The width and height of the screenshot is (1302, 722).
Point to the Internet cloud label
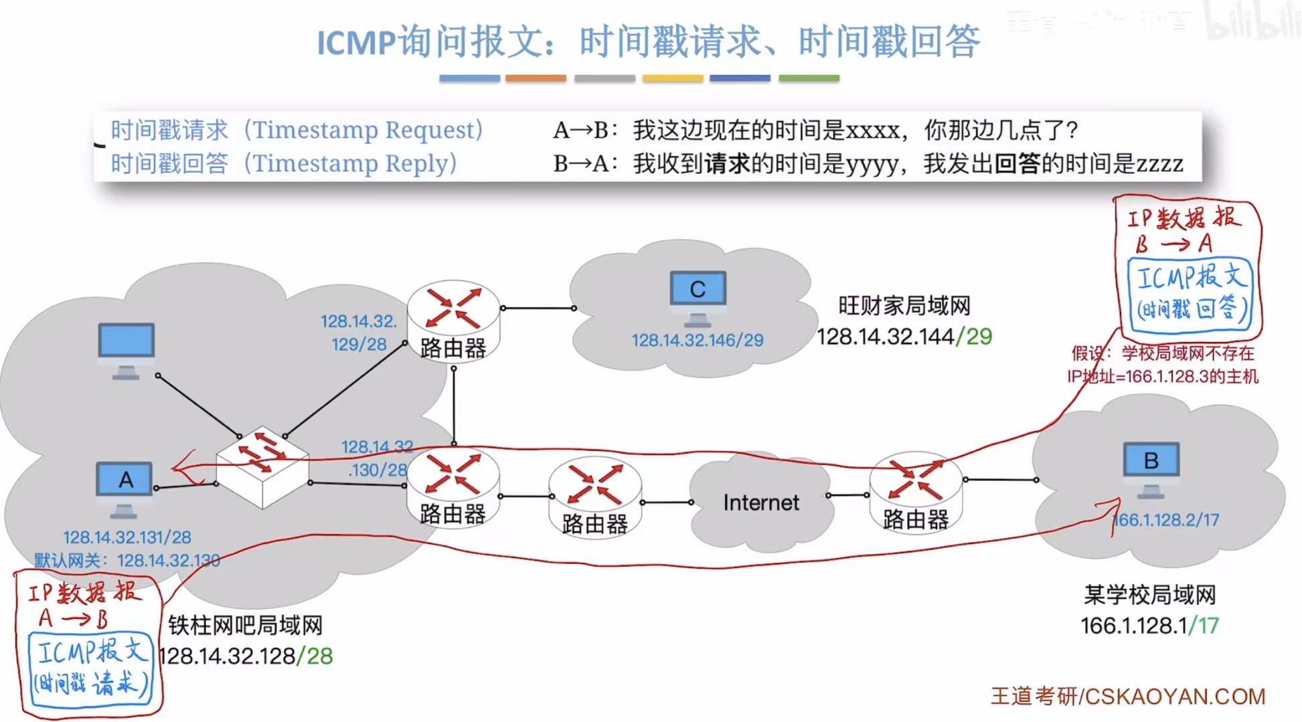(x=761, y=503)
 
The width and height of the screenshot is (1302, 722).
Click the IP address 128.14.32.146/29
(x=697, y=341)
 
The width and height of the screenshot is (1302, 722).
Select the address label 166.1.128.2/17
(x=1165, y=520)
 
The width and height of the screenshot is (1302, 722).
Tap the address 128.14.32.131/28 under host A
(x=127, y=537)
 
